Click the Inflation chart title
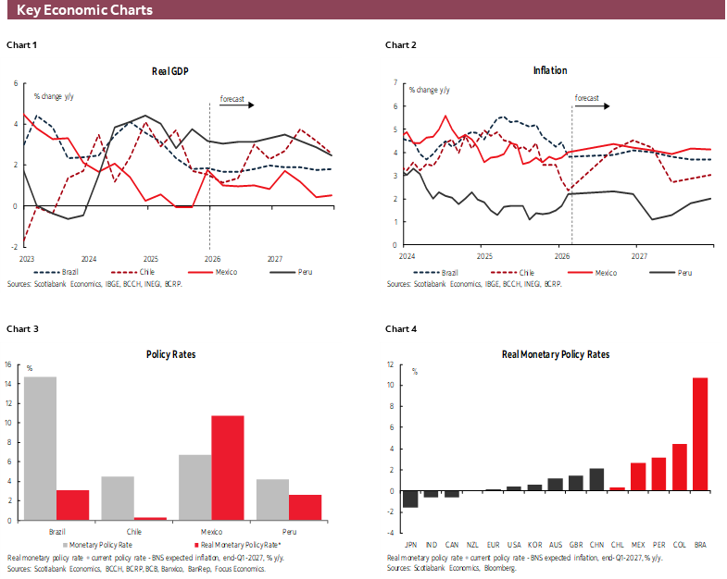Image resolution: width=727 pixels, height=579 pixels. click(550, 70)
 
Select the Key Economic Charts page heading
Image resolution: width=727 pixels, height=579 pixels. click(85, 10)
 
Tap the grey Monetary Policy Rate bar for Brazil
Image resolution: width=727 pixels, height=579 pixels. click(40, 448)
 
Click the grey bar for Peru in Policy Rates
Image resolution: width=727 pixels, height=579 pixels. click(272, 499)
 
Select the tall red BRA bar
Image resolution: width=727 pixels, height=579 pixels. click(700, 434)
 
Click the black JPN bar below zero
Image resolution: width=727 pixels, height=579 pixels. click(410, 499)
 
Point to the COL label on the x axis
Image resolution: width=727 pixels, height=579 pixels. click(679, 545)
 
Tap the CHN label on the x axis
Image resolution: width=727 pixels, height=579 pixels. click(596, 545)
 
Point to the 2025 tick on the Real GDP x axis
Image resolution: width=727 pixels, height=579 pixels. click(150, 258)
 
